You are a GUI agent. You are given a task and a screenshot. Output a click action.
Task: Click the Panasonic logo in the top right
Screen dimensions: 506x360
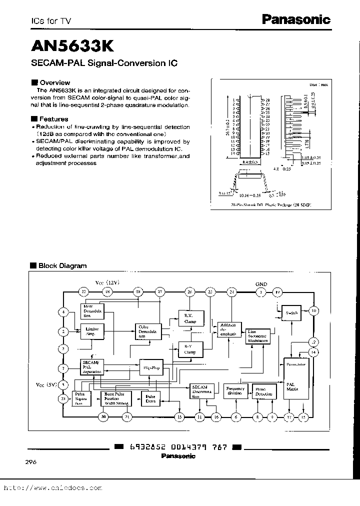[x=296, y=19]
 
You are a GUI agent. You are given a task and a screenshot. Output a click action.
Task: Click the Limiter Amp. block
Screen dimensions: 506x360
[x=92, y=330]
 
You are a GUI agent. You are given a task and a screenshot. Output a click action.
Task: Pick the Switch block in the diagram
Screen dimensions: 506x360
[x=291, y=312]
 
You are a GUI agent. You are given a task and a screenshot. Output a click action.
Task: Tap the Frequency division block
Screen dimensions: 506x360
[x=235, y=391]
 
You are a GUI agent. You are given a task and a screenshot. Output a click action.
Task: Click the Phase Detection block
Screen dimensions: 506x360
[x=263, y=391]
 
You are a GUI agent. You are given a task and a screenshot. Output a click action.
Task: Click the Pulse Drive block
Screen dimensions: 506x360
[x=150, y=398]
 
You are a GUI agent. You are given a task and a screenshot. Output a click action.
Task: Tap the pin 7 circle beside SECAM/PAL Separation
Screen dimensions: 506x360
[x=63, y=368]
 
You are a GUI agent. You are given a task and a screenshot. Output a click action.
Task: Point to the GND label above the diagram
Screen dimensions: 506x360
[x=261, y=284]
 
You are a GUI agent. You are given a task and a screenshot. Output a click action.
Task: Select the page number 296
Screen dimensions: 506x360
[x=30, y=462]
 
